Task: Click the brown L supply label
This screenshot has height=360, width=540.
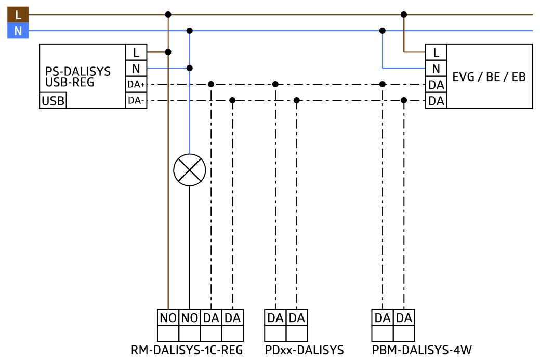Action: point(18,15)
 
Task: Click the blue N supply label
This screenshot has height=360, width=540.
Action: point(18,31)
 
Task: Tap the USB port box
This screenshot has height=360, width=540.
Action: point(52,100)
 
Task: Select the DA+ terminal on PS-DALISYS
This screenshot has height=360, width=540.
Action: point(136,84)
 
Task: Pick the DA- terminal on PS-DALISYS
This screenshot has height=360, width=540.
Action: point(136,100)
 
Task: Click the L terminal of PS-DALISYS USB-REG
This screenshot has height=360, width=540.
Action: point(136,52)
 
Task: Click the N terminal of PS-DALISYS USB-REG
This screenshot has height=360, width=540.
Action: point(136,68)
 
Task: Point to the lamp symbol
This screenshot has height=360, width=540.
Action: point(189,170)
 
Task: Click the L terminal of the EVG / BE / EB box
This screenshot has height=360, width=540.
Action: point(436,52)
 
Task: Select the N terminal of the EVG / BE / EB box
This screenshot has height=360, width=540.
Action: point(436,68)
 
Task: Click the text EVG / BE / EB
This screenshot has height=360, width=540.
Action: point(489,77)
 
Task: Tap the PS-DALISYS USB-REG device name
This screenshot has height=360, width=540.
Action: point(78,77)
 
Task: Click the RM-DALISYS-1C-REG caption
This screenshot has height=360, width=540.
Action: point(187,350)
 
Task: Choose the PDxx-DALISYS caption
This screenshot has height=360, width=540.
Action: point(304,350)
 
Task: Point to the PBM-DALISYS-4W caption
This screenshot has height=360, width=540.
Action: point(422,350)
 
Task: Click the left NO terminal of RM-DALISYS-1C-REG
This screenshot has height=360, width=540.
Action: point(168,318)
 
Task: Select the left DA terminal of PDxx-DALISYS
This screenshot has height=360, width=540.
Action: point(275,318)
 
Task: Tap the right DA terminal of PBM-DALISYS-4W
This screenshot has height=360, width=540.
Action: point(404,318)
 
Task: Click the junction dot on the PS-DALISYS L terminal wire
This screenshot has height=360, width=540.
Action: point(168,52)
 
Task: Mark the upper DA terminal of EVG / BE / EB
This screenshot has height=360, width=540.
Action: point(436,84)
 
